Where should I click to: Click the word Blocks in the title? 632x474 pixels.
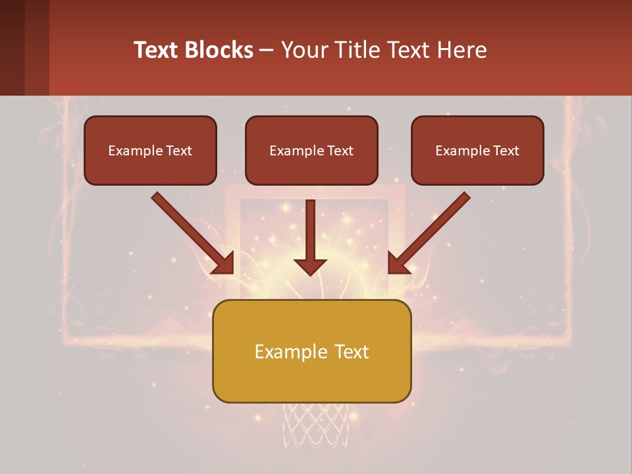219,50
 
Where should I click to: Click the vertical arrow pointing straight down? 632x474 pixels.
310,237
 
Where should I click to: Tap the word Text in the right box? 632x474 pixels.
506,151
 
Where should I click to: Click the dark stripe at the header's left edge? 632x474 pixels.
12,47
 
